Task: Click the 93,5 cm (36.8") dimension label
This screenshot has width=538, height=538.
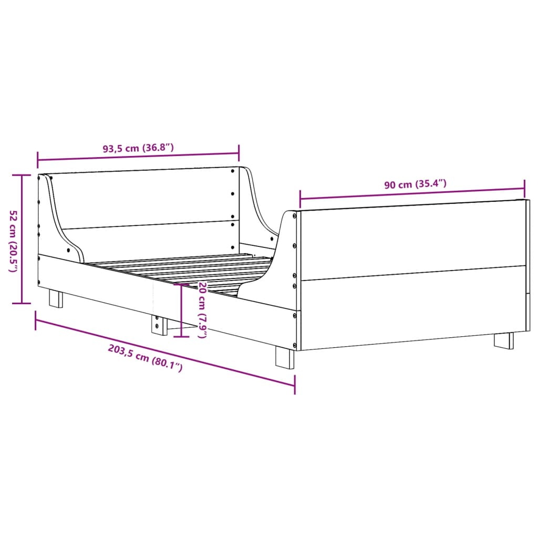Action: point(138,148)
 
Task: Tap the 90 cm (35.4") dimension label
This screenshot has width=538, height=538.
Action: point(415,184)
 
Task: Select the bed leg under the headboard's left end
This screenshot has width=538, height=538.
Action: point(56,298)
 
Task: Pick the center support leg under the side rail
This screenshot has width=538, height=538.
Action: point(157,325)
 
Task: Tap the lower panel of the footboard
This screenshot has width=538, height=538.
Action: point(412,307)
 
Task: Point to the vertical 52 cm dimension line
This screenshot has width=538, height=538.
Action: point(22,239)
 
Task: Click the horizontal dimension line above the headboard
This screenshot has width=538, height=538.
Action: point(138,157)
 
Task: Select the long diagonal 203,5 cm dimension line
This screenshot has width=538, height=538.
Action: point(165,352)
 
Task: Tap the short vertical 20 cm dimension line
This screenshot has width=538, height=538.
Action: point(181,310)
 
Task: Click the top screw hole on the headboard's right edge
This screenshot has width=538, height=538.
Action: point(233,170)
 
